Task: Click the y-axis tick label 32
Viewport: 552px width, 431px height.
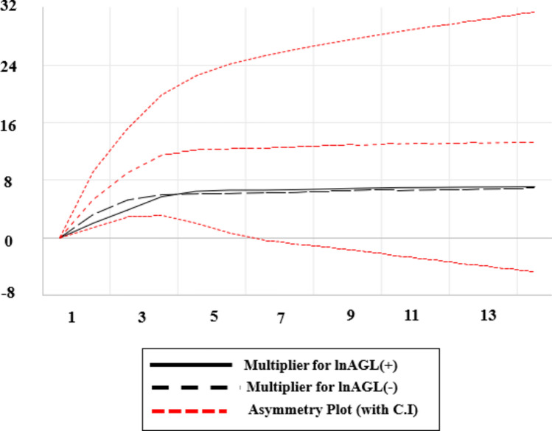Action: click(8, 6)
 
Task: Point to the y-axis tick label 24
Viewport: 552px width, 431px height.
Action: click(8, 66)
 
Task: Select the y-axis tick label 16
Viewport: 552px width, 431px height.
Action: click(8, 125)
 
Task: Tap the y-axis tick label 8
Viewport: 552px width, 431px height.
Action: click(8, 182)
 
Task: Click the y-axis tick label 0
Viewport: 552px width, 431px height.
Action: click(8, 241)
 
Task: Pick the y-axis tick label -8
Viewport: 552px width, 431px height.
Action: click(8, 292)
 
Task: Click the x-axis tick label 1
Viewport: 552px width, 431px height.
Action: click(71, 317)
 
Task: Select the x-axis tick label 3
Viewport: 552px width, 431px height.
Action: click(142, 317)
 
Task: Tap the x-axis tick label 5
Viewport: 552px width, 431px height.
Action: click(214, 316)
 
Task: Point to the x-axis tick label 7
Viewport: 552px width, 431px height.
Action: click(281, 318)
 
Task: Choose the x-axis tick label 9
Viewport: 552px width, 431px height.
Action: click(350, 315)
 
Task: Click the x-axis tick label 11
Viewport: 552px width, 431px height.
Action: click(411, 315)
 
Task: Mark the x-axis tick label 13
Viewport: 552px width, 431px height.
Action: click(489, 315)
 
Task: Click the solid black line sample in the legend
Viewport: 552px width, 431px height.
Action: click(191, 365)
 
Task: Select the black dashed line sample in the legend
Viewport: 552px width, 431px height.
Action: click(189, 388)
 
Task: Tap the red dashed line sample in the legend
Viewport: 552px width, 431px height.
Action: click(189, 410)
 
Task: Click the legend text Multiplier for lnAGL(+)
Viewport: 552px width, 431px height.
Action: click(321, 365)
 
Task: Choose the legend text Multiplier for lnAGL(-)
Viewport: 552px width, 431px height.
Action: click(322, 387)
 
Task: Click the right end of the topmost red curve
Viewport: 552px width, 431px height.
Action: click(534, 12)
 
